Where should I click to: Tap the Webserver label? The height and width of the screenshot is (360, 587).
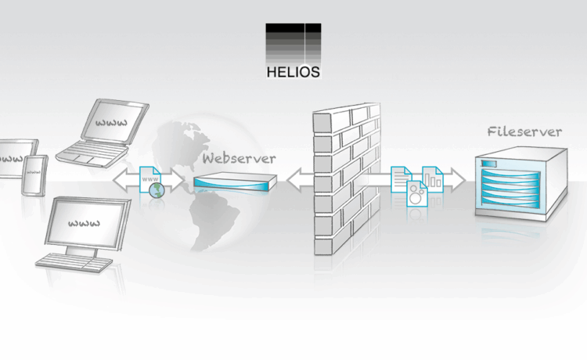pos(239,158)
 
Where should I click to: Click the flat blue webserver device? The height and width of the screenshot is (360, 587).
pos(236,183)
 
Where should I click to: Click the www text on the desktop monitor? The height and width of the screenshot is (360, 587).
pos(85,223)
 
